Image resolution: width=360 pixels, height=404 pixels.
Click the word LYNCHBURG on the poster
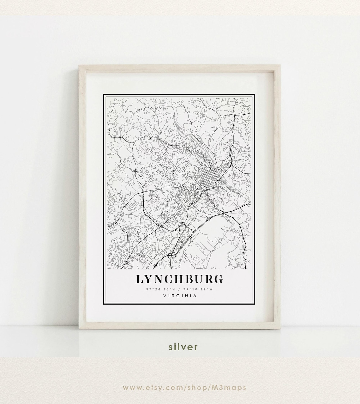(179, 279)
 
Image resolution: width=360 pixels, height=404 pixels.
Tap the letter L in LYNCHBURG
(139, 279)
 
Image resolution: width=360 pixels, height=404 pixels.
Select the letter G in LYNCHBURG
(218, 279)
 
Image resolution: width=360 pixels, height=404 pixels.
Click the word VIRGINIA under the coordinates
(180, 296)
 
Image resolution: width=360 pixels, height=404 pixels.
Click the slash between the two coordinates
(179, 289)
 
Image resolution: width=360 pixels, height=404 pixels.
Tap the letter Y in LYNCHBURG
(149, 279)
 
